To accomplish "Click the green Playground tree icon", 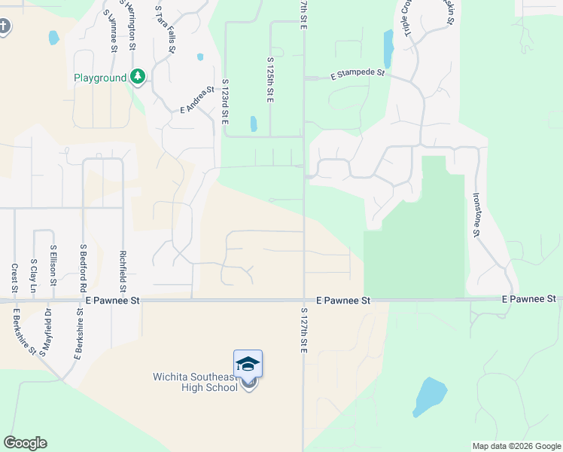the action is point(138,77).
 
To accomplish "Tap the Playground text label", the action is point(100,78).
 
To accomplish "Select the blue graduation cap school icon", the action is point(248,364).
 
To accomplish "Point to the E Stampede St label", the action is point(358,75).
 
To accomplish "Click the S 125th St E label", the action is point(269,78).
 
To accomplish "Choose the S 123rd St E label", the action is point(224,102).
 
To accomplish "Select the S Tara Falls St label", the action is point(165,29).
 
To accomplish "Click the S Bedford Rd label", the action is point(83,269).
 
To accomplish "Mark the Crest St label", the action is point(14,278).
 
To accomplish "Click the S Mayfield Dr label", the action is point(47,331).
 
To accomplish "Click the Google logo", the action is point(25,443).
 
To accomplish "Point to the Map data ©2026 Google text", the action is point(516,446).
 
